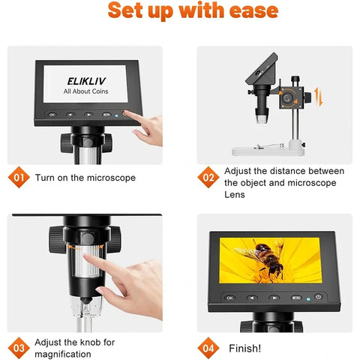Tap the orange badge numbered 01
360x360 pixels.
tap(20, 178)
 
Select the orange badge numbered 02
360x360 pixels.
tap(209, 178)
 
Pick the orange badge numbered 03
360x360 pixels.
tap(20, 348)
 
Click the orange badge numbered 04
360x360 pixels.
tap(209, 348)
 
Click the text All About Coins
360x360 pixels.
tap(81, 91)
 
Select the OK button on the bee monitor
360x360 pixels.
tap(229, 297)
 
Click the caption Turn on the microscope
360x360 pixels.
tap(85, 178)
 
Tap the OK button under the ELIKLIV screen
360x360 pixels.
tap(52, 115)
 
